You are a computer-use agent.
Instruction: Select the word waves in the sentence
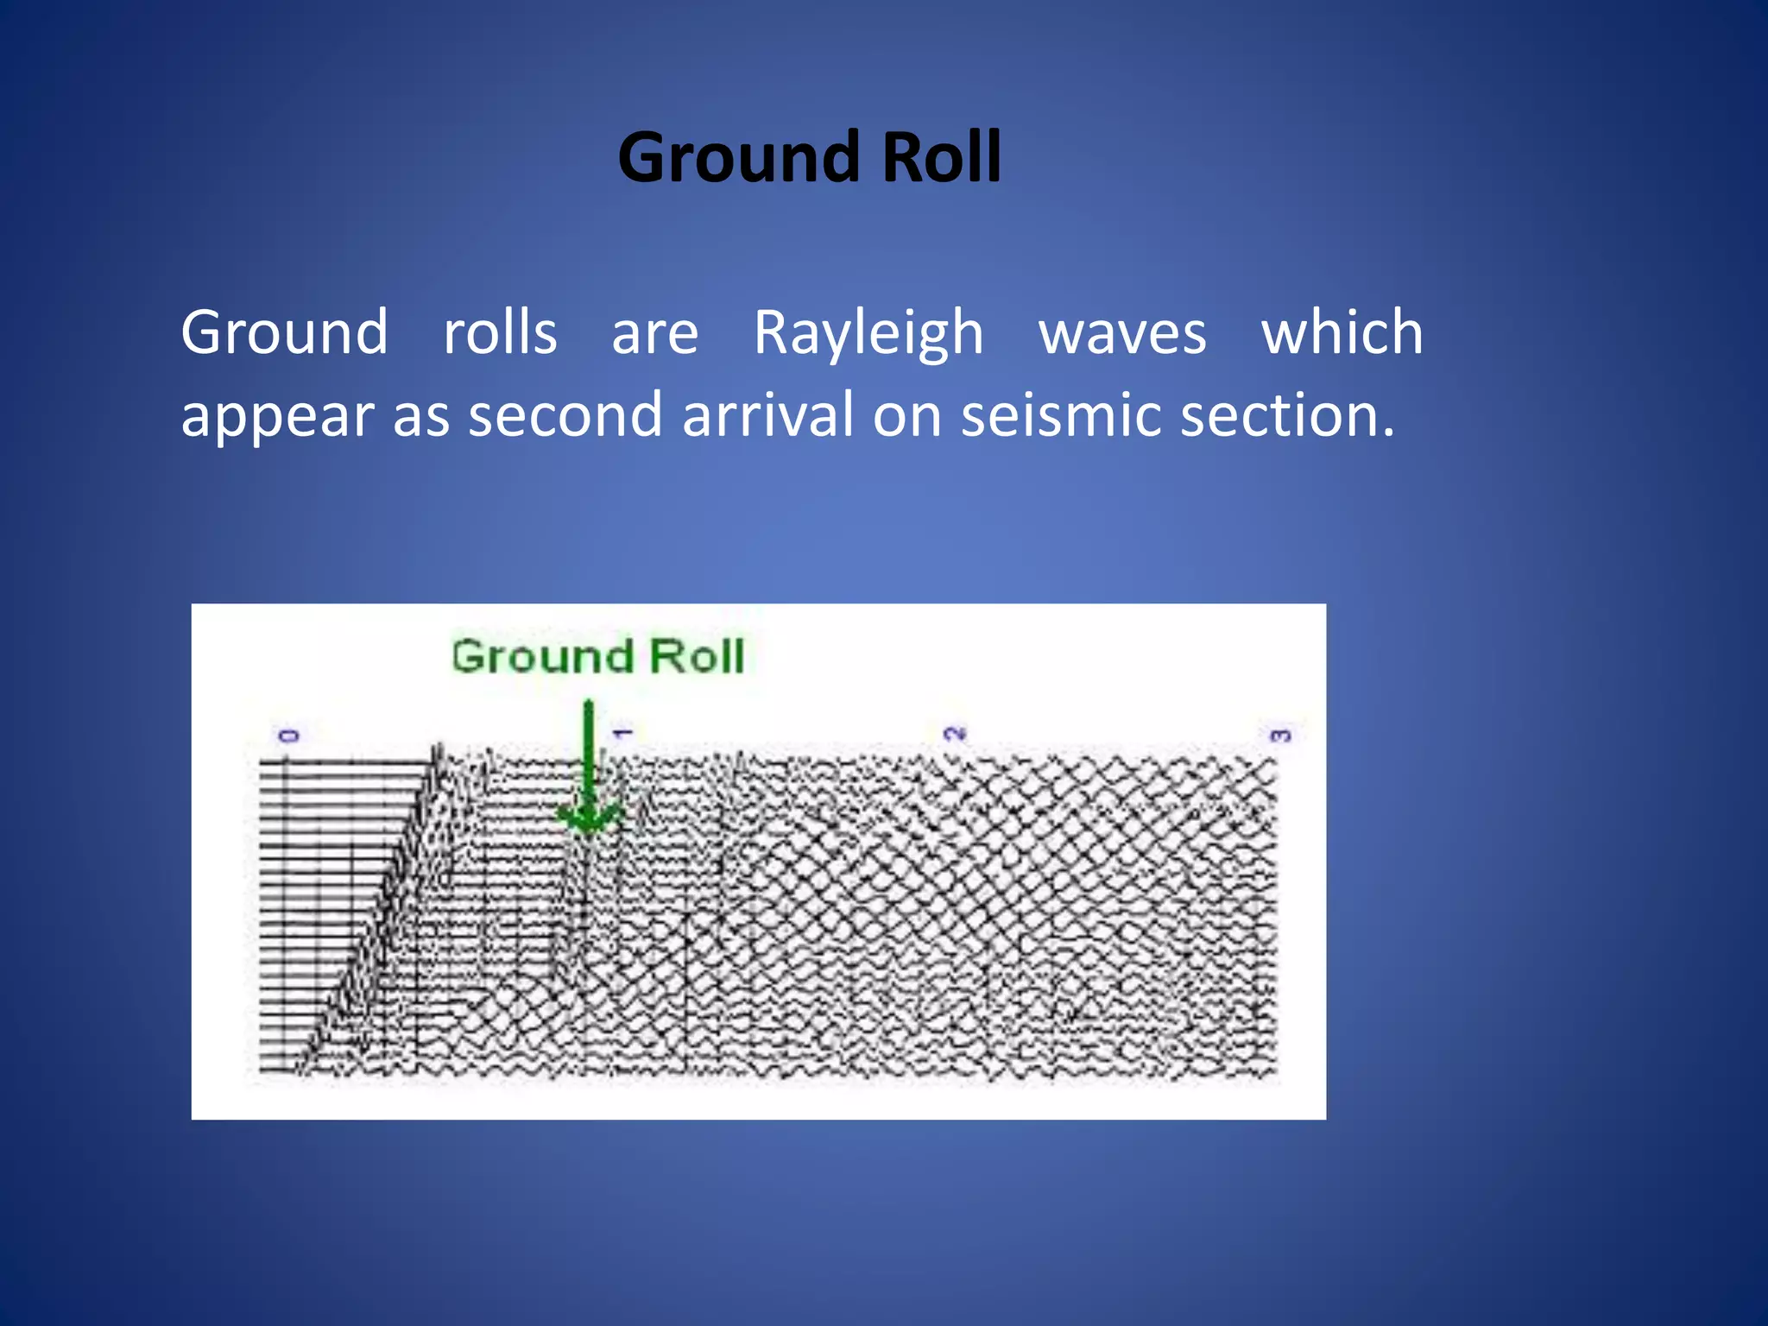(1121, 333)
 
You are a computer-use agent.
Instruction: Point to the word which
(1342, 332)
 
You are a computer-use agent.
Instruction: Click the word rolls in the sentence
(500, 332)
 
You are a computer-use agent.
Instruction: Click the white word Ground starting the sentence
(284, 332)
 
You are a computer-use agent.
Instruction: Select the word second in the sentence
(565, 415)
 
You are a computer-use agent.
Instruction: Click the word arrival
(767, 415)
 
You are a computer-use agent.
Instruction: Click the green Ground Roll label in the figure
(597, 656)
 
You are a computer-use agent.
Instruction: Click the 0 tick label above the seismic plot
(288, 736)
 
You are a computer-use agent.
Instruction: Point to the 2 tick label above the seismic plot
(954, 734)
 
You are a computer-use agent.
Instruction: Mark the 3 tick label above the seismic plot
(1280, 736)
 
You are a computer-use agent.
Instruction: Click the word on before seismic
(906, 417)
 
